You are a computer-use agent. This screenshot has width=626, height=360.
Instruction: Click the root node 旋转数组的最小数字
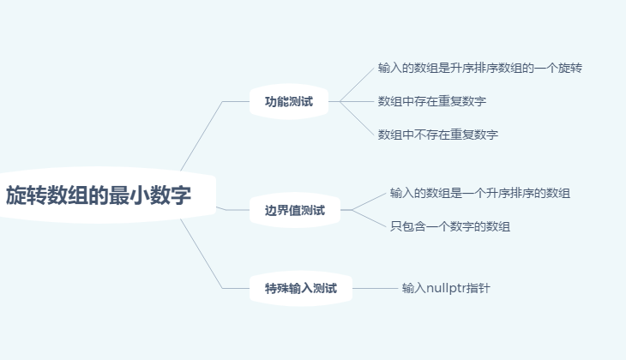(99, 195)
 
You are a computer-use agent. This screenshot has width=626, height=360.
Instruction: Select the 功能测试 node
(289, 101)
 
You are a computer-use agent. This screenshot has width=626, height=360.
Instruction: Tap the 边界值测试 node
(294, 210)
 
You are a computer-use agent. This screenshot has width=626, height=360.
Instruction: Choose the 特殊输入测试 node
(301, 288)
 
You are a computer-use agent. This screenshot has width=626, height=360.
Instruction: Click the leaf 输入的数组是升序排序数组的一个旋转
(480, 67)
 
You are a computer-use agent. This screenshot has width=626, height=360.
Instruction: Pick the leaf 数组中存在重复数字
(432, 101)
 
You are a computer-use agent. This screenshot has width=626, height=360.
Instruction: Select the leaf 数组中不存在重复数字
(438, 135)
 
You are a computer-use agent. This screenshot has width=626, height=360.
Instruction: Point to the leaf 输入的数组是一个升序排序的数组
(480, 193)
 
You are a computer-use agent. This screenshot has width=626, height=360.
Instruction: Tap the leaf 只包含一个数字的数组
(450, 226)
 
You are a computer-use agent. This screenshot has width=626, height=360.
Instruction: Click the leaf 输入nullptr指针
(446, 288)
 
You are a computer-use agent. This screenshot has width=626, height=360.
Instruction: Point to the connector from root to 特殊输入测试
(201, 253)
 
